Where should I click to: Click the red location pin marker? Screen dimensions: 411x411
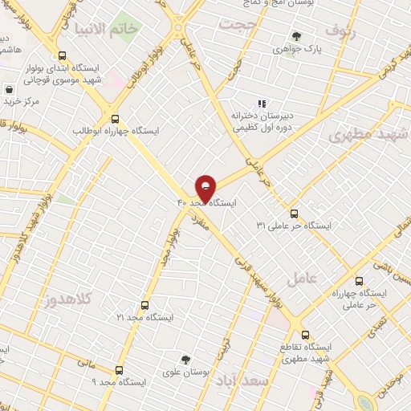(x=206, y=188)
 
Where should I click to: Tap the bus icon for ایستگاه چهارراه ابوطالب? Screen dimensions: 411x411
(x=116, y=117)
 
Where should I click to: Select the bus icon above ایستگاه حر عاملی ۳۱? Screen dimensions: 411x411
(x=294, y=214)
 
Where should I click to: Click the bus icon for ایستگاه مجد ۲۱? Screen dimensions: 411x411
(x=144, y=305)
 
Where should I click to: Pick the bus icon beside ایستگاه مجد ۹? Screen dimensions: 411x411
(x=120, y=370)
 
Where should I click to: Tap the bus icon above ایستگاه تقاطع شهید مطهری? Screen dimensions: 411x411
(x=303, y=334)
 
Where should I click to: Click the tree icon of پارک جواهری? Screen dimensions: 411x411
(x=297, y=36)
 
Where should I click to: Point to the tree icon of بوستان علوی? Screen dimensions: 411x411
(x=186, y=360)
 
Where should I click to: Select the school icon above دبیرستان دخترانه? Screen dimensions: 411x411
(x=260, y=103)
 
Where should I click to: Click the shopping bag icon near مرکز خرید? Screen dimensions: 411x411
(x=10, y=89)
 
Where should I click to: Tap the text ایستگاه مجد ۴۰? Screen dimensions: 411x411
(x=208, y=203)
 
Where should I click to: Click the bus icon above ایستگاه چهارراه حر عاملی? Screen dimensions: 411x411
(x=358, y=282)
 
